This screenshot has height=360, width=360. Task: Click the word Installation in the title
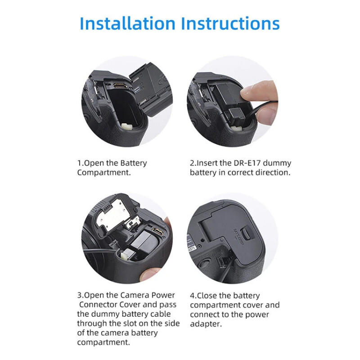(x=127, y=23)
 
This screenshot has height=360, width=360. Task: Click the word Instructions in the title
(x=230, y=23)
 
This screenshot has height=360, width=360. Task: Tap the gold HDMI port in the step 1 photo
(x=120, y=85)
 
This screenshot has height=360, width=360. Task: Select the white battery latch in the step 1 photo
(x=127, y=126)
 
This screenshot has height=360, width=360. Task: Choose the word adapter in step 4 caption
(x=206, y=324)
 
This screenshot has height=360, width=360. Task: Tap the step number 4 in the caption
(x=192, y=296)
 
